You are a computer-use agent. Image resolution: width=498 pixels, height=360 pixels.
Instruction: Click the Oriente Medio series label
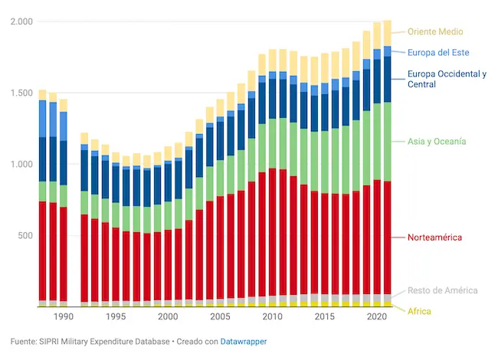click(435, 31)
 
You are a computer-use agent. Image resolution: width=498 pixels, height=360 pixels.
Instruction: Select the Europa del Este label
click(438, 53)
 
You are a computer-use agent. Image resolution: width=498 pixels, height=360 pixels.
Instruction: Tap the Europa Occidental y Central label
click(447, 79)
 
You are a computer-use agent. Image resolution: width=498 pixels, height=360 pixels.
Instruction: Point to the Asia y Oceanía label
click(437, 142)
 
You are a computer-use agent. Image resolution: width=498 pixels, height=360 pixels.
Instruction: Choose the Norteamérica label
click(434, 237)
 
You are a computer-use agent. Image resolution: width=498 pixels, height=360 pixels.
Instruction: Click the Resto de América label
click(442, 290)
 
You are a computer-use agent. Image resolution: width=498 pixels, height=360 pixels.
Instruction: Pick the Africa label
click(419, 312)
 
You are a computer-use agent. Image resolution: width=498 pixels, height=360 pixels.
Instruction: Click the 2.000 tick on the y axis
click(21, 21)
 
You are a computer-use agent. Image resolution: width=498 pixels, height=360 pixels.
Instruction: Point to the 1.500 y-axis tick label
click(21, 93)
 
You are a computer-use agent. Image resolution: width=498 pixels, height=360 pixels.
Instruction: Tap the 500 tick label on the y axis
click(25, 236)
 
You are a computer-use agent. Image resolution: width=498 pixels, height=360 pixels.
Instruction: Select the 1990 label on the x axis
click(64, 316)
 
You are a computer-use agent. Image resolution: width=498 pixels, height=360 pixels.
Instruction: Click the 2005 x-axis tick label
click(220, 316)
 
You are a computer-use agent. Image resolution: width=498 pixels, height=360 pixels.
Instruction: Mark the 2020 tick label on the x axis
click(377, 316)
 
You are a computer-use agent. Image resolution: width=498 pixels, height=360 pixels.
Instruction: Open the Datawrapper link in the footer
click(244, 342)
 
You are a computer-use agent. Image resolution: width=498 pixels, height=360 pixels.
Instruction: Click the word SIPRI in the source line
click(49, 342)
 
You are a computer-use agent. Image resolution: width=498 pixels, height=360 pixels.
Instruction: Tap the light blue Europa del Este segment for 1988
click(43, 119)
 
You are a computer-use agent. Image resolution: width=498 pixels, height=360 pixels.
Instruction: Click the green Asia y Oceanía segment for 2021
click(387, 142)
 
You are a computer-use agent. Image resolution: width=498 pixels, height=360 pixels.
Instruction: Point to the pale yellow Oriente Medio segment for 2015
click(325, 68)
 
